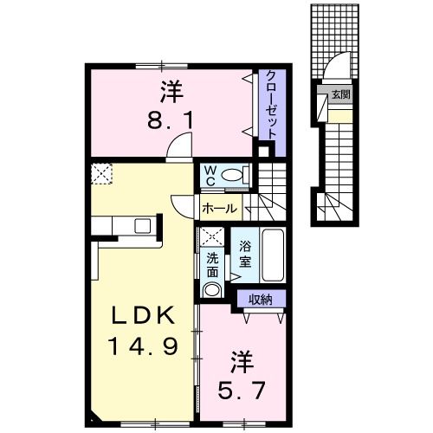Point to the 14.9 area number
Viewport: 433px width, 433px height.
tap(145, 346)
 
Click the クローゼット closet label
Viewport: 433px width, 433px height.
tap(270, 102)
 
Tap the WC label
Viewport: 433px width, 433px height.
tap(210, 175)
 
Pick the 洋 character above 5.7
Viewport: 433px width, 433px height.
tap(239, 360)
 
